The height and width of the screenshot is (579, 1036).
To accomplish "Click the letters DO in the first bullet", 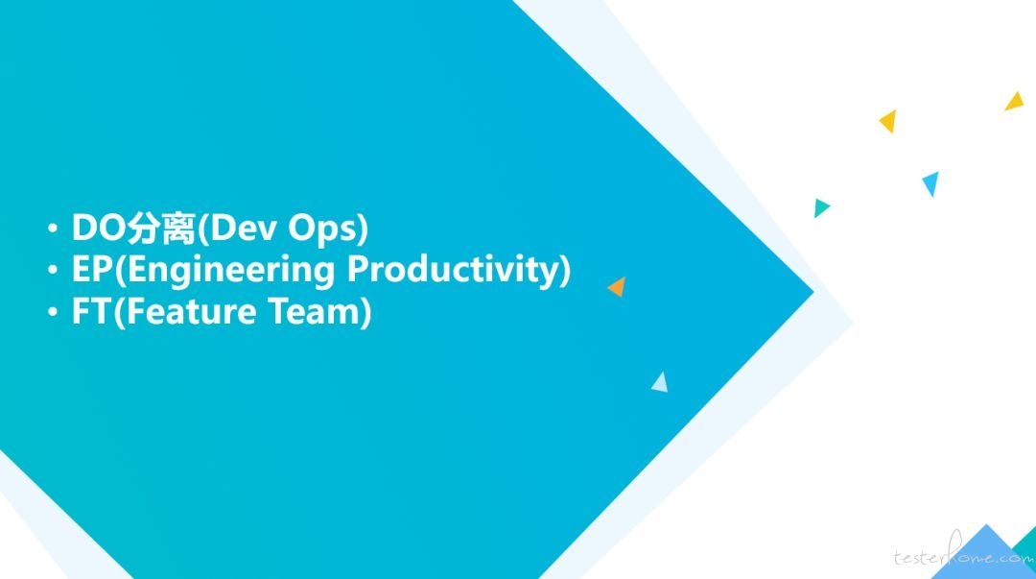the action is click(x=98, y=228).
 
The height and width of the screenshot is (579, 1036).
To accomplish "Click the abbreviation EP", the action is click(x=92, y=270).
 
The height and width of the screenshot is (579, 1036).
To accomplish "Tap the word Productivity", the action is click(x=453, y=272).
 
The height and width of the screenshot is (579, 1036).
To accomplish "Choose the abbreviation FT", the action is click(x=91, y=312).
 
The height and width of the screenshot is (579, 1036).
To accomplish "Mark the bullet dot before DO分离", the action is click(x=53, y=229).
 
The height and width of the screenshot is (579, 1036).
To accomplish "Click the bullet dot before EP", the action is click(x=53, y=270).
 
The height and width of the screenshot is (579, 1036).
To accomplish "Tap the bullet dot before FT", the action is click(x=53, y=312).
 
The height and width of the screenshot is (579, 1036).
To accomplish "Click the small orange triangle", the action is click(x=619, y=287).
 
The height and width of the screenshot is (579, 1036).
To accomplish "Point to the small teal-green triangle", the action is click(x=820, y=207).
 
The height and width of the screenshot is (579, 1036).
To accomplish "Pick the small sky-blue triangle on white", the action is click(x=930, y=182).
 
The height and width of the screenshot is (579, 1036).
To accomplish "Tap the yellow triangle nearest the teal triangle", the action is click(x=888, y=121).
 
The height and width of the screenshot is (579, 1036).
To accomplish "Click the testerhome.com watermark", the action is click(x=964, y=553).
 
